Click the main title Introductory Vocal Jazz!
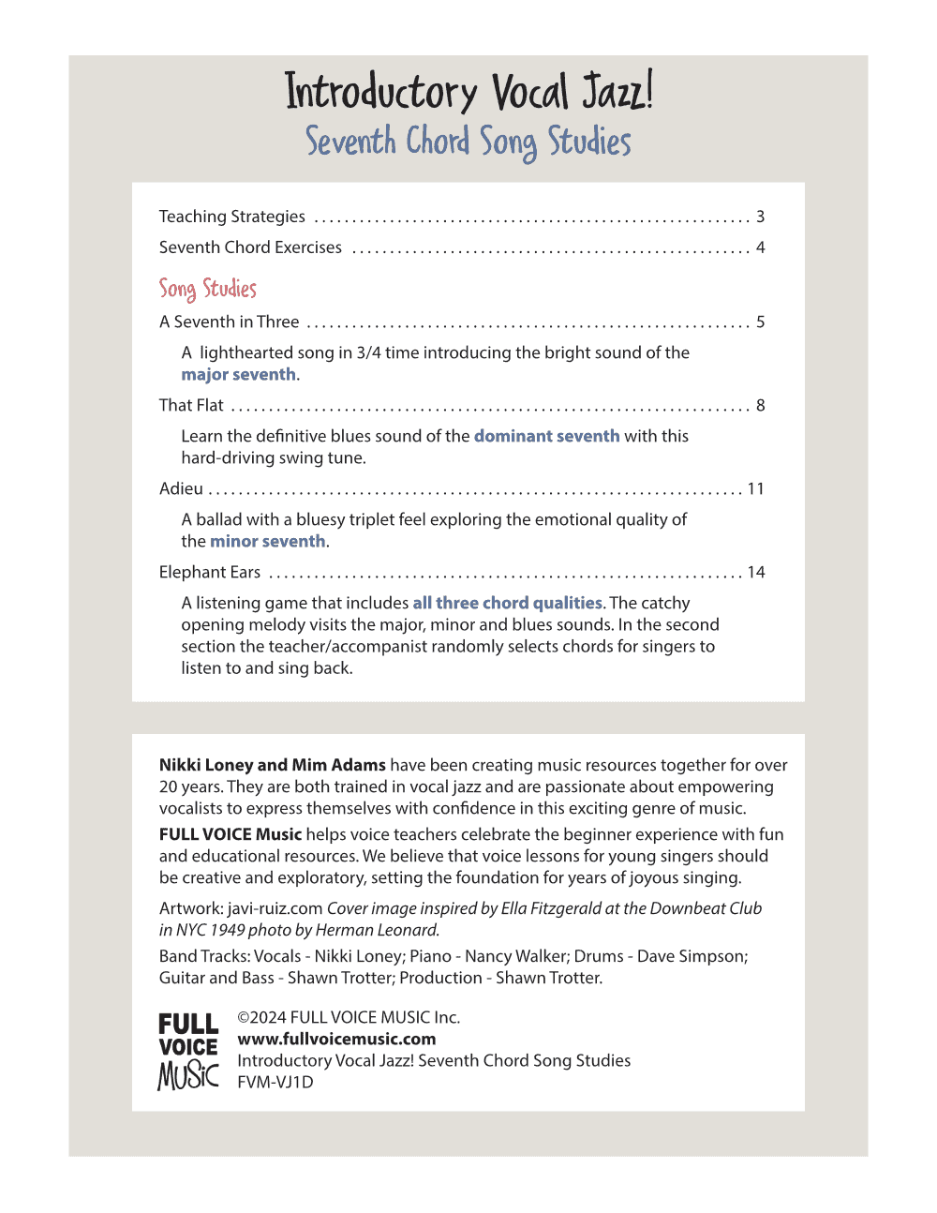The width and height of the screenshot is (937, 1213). [468, 92]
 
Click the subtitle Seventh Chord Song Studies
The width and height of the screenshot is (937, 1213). [468, 142]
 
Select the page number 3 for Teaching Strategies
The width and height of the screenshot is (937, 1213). [761, 217]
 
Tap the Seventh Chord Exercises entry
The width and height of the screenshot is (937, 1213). [250, 247]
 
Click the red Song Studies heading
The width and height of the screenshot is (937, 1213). [207, 288]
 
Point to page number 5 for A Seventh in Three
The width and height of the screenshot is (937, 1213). [761, 322]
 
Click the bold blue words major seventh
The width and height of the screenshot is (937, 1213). [239, 374]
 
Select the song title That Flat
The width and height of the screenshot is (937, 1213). [191, 405]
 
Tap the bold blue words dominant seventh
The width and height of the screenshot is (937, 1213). [546, 436]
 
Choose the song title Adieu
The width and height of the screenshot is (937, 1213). [181, 488]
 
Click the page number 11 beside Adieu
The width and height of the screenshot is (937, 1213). [755, 488]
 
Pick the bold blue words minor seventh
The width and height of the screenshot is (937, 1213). [268, 541]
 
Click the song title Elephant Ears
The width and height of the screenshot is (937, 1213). [210, 572]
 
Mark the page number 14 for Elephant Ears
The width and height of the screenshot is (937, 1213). [755, 572]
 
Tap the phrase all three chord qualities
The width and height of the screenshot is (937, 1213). [507, 603]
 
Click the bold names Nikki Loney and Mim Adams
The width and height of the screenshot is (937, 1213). [273, 765]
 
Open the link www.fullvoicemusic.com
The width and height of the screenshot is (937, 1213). [336, 1039]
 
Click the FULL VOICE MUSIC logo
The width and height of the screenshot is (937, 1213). [188, 1051]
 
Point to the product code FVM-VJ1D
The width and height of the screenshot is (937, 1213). [275, 1082]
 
